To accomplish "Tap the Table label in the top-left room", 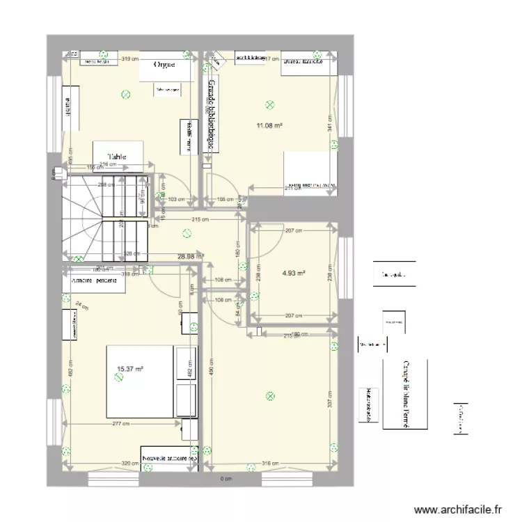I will pos(117,157).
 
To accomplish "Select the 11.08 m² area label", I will pos(269,126).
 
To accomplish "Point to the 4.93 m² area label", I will pos(294,274).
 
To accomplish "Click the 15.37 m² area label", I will pos(130,370).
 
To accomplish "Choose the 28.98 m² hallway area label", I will pos(188,257).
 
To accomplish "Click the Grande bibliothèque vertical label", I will pos(209,115).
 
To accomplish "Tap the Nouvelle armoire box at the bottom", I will pos(170,459).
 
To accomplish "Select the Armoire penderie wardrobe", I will pos(93,281).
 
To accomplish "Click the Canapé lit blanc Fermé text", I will pos(404,395).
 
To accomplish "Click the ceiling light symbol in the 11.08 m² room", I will pos(270,105).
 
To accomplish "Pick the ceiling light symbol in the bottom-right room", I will pos(269,397).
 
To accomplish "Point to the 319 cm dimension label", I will pos(129,60).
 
